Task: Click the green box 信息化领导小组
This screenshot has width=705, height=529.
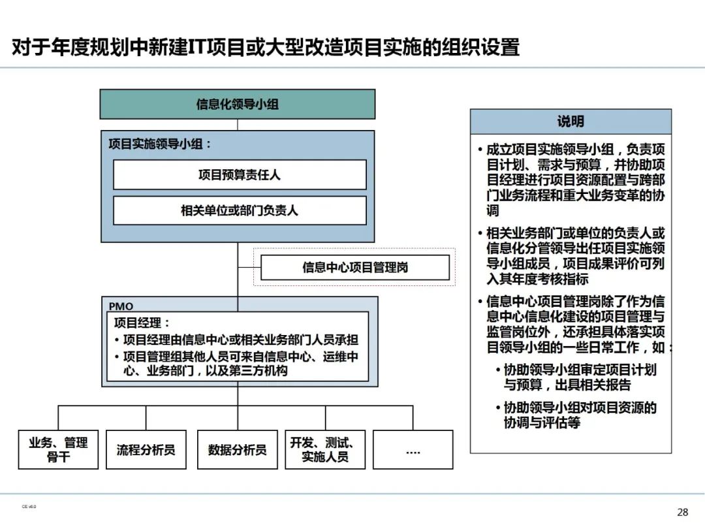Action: click(x=238, y=104)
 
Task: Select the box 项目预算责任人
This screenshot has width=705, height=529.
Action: click(x=240, y=175)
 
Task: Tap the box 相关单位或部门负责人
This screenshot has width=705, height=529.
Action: click(x=240, y=210)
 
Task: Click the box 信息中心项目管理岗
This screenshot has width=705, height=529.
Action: click(x=355, y=268)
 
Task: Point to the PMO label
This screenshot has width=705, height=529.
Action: click(x=121, y=306)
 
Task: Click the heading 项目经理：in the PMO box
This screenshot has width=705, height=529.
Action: click(x=142, y=323)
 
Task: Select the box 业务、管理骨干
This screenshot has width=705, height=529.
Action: click(x=58, y=449)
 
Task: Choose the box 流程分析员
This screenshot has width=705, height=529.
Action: click(x=146, y=449)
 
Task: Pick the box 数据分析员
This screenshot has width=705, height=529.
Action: click(x=237, y=449)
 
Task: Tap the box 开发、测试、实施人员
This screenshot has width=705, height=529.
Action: click(x=324, y=449)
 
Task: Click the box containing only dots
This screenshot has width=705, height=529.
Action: click(x=413, y=449)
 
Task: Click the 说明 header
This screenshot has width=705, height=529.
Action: click(x=571, y=121)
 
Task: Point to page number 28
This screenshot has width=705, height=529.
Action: click(x=683, y=512)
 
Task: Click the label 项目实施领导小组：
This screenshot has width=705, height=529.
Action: click(x=160, y=144)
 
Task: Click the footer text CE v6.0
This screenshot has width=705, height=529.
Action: click(x=29, y=506)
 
